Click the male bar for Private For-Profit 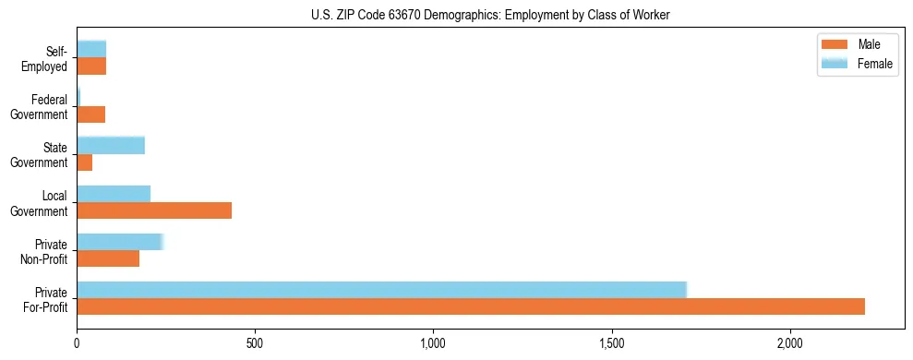[x=471, y=306]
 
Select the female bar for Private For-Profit [x=381, y=290]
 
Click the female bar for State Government [x=111, y=145]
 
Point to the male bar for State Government [x=85, y=162]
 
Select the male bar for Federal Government [x=91, y=114]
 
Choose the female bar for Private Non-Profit [x=120, y=242]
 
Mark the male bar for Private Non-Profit [x=108, y=258]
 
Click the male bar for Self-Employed [x=91, y=66]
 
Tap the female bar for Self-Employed [x=91, y=49]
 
